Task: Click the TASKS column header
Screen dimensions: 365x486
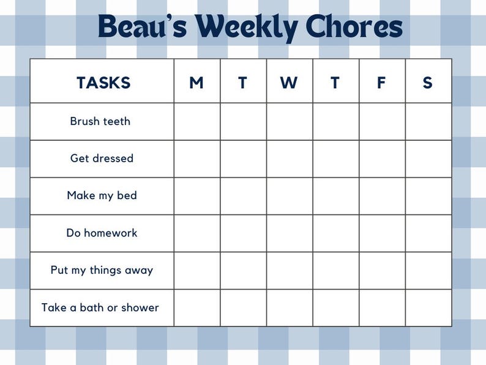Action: coord(103,83)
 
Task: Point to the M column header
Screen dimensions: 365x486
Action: coord(196,83)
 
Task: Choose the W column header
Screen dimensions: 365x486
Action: coord(289,83)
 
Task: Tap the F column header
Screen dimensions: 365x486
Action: coord(381,83)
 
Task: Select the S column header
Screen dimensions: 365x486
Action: coord(427,83)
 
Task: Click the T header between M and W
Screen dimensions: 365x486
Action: coord(242,83)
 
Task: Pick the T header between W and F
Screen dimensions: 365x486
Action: coord(335,83)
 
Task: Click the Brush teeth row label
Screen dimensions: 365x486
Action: coord(100,121)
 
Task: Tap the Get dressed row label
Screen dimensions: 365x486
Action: coord(102,159)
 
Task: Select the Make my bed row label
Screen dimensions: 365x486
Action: coord(102,196)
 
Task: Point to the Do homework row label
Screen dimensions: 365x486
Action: coord(102,233)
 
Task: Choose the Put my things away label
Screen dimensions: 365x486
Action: coord(102,270)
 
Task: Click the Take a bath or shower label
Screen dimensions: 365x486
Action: coord(100,307)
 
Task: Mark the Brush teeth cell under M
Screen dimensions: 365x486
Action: coord(197,121)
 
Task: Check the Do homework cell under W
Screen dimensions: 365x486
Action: coord(290,233)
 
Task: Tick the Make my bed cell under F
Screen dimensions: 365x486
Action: coord(382,196)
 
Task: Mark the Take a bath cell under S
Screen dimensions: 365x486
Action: coord(428,307)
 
